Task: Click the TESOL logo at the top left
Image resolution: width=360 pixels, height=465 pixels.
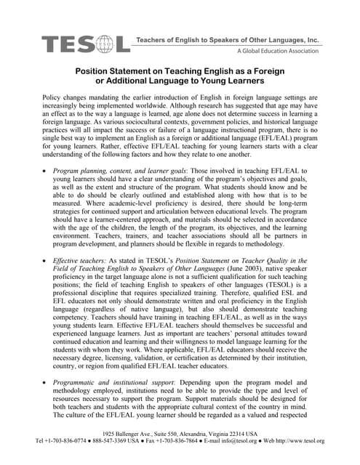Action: tap(86, 44)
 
